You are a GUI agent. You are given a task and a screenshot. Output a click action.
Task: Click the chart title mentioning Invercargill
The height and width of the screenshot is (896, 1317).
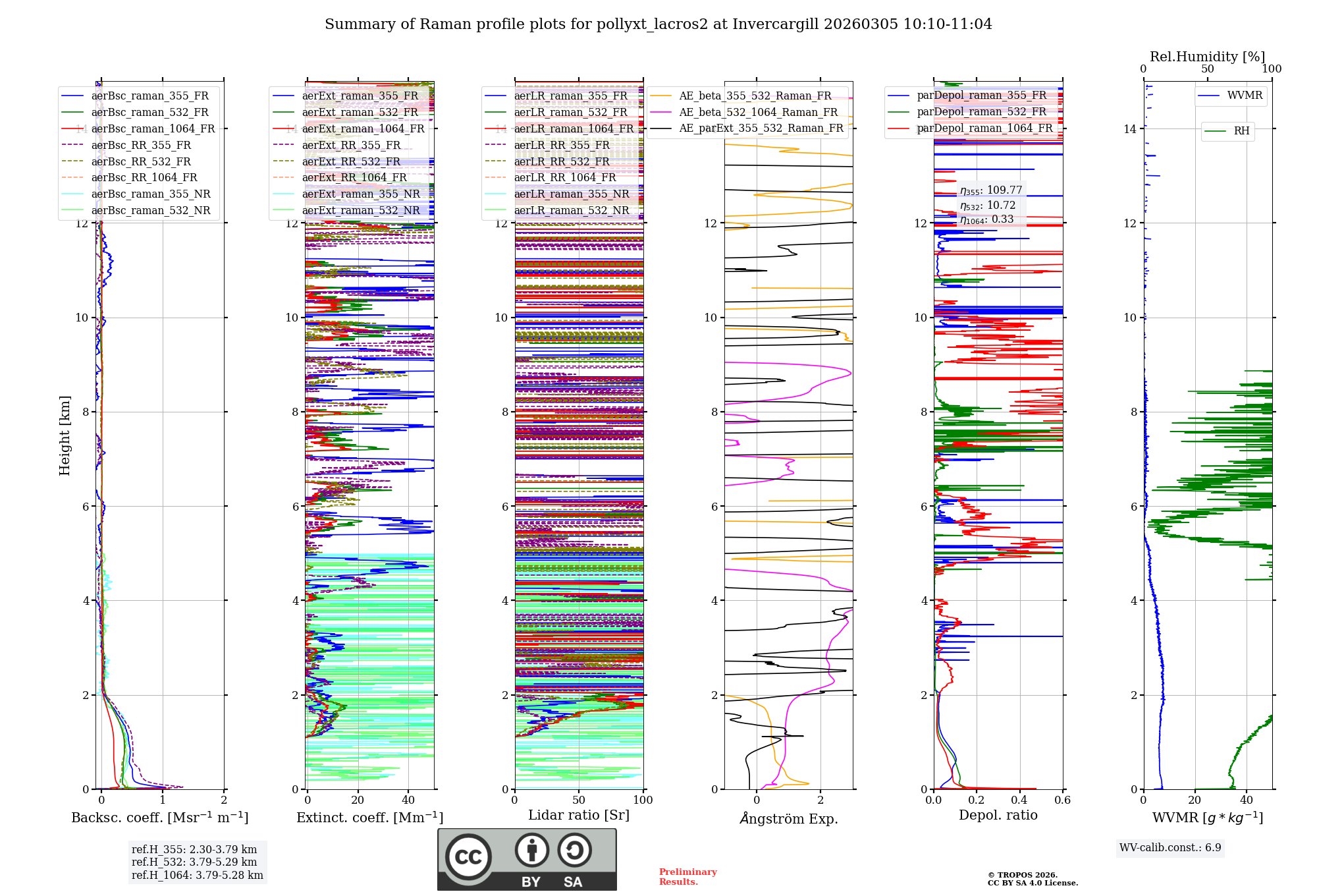click(x=658, y=24)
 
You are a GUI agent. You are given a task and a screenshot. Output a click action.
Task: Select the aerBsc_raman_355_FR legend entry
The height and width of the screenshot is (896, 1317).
click(x=149, y=96)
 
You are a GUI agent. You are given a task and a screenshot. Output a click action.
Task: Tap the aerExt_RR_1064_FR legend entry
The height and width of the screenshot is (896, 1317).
click(x=354, y=178)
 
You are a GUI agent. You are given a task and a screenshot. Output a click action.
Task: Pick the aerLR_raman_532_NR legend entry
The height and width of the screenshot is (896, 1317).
click(x=571, y=211)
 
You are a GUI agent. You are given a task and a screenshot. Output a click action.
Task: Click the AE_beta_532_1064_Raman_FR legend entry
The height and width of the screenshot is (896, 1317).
click(x=758, y=113)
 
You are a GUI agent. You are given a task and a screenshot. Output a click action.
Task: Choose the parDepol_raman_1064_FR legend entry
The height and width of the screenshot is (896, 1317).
click(x=984, y=128)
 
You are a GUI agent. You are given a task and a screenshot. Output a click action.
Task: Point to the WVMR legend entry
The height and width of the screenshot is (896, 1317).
click(x=1244, y=96)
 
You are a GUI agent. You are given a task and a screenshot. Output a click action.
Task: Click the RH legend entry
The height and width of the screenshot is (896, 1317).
click(x=1241, y=131)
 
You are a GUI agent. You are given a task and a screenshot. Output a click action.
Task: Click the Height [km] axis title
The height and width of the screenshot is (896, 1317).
click(x=65, y=435)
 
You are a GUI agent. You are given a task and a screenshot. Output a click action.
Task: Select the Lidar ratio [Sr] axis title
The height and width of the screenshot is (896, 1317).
click(x=579, y=815)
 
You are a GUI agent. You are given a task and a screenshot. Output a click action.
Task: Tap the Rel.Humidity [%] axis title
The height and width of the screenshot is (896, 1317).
click(x=1207, y=57)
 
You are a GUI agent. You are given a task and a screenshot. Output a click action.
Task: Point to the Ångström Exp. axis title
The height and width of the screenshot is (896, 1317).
click(x=788, y=819)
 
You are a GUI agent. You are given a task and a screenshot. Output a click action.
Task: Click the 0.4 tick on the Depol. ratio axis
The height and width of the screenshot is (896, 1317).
click(x=1019, y=800)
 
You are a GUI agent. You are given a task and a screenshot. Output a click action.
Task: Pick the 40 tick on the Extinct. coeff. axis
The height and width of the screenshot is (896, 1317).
click(x=408, y=800)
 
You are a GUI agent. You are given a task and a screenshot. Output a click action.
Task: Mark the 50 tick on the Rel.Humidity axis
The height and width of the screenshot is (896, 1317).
click(x=1208, y=69)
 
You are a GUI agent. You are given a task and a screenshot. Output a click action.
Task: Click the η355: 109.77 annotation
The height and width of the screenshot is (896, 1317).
click(x=990, y=190)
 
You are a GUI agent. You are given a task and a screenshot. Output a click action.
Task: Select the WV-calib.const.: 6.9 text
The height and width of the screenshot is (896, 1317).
click(x=1170, y=848)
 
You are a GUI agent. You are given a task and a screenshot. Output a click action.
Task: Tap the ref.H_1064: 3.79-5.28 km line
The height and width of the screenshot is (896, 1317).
click(x=197, y=876)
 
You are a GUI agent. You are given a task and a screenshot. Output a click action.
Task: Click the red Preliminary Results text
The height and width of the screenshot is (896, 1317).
click(x=687, y=877)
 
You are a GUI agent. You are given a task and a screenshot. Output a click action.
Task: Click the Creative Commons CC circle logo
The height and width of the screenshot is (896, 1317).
click(x=468, y=856)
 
